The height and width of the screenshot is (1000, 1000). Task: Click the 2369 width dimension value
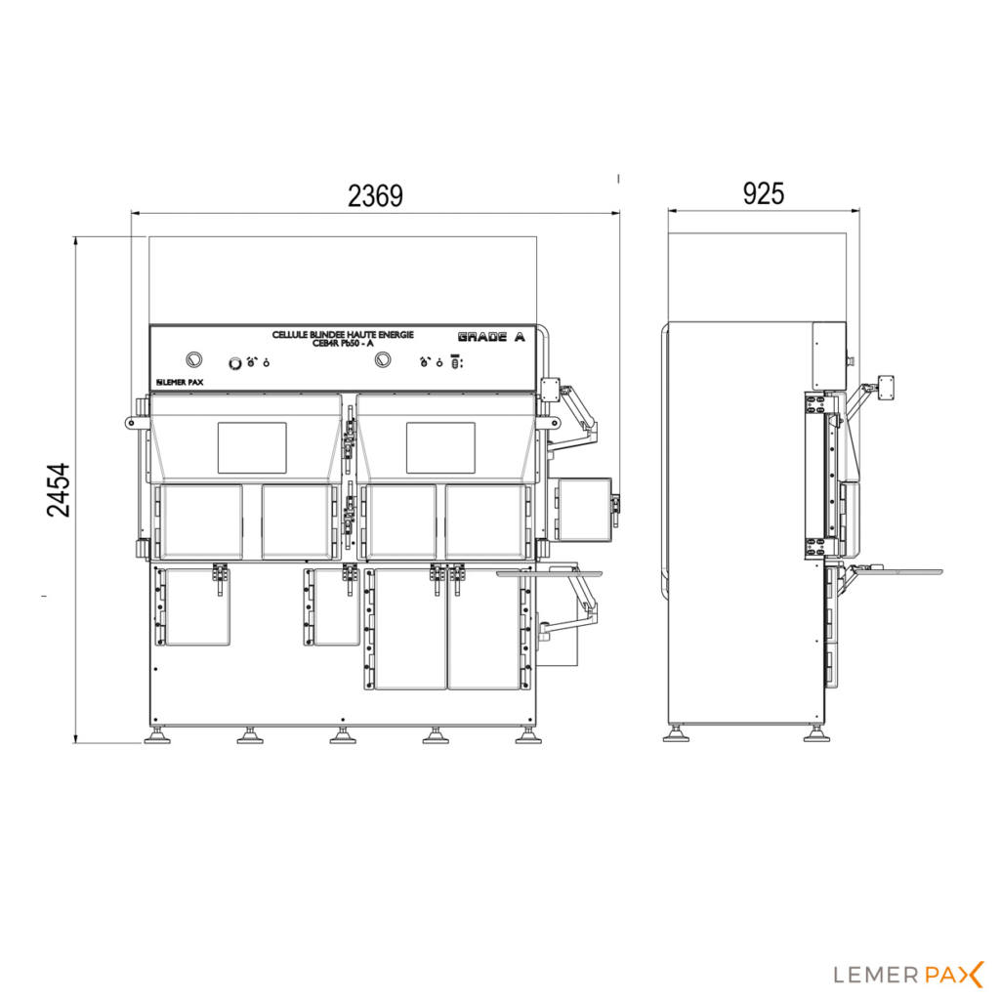pyautogui.click(x=375, y=196)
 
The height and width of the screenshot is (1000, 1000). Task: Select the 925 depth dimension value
pyautogui.click(x=763, y=193)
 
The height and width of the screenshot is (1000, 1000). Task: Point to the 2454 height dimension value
pyautogui.click(x=60, y=489)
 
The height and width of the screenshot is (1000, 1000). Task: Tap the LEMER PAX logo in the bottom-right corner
pyautogui.click(x=909, y=974)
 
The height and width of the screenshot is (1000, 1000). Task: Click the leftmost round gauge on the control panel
pyautogui.click(x=192, y=359)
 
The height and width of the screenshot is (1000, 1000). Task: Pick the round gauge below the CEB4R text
pyautogui.click(x=381, y=361)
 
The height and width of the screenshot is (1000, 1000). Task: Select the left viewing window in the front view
pyautogui.click(x=251, y=447)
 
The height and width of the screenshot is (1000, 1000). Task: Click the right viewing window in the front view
pyautogui.click(x=440, y=447)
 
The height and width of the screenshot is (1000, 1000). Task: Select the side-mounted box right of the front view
pyautogui.click(x=582, y=508)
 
